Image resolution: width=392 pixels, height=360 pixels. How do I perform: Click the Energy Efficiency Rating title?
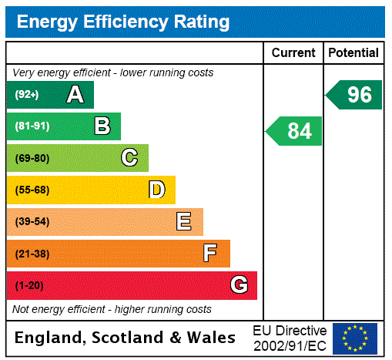[123, 22]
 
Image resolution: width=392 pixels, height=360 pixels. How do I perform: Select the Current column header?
[293, 53]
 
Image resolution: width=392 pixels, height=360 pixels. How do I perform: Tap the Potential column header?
[353, 53]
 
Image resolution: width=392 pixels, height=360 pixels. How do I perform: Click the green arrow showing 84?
[295, 131]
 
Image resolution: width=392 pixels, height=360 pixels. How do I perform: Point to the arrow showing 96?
[355, 95]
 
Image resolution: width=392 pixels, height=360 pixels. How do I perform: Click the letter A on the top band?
[75, 95]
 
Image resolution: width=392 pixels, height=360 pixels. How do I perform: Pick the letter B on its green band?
[102, 126]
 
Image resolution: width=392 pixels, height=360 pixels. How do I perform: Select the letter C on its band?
[129, 158]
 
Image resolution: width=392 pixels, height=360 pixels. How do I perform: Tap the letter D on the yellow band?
[156, 190]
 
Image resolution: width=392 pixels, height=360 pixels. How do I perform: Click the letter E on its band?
[184, 222]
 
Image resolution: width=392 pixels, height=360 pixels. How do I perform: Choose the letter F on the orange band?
[210, 254]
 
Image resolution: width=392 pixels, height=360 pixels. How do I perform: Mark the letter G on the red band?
[240, 286]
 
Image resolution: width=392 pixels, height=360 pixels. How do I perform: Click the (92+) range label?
[27, 95]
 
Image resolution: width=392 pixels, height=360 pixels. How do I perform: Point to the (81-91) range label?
[32, 126]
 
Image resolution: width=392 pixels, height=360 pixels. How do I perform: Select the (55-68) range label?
[32, 190]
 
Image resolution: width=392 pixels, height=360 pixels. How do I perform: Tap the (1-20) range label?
[29, 286]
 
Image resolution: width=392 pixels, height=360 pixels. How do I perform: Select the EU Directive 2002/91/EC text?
[290, 338]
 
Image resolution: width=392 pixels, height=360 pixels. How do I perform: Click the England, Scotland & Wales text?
[126, 338]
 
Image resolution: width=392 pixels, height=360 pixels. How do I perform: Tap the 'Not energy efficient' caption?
[112, 309]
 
